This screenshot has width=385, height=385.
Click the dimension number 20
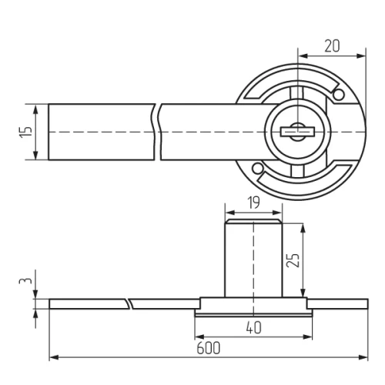332,46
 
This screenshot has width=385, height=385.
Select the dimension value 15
26,132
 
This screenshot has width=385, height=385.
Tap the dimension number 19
254,203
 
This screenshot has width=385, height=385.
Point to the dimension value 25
293,260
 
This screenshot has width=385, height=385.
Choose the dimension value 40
253,327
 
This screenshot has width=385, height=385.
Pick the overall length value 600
209,348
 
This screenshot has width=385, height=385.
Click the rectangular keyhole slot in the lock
298,132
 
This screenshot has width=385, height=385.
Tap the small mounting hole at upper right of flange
339,95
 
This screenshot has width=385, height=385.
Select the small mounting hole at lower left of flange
257,169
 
